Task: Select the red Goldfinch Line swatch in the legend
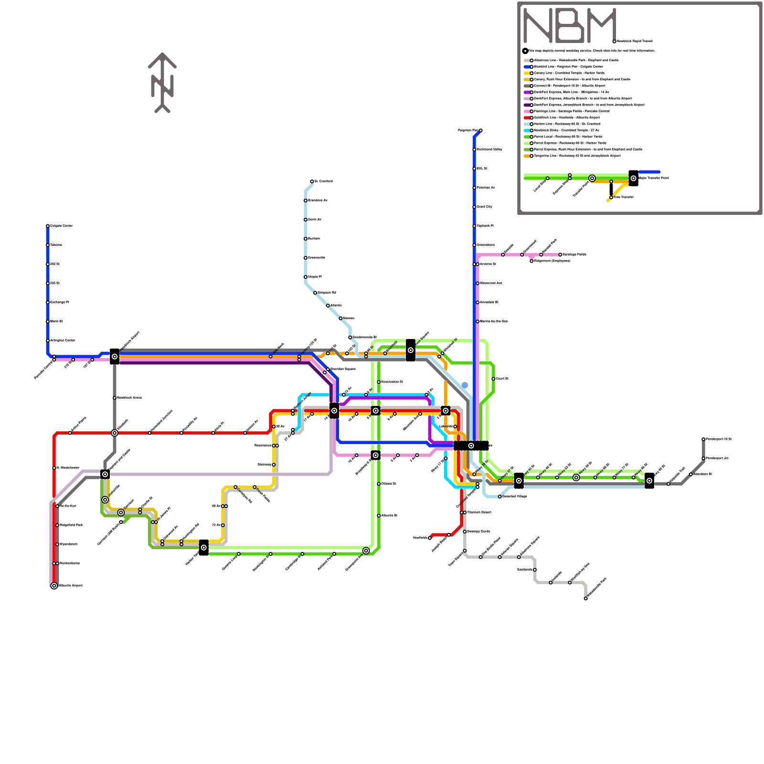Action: [528, 117]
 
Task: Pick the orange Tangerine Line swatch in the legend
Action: [528, 156]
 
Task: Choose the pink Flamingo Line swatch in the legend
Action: [528, 111]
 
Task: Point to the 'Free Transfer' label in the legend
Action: [624, 197]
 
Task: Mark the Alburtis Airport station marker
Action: [54, 586]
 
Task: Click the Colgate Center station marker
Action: [48, 226]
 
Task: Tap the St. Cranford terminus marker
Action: [312, 181]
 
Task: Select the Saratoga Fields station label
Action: [574, 255]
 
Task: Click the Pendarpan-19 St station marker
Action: [703, 439]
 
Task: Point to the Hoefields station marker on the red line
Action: [430, 538]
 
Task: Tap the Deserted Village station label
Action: [515, 497]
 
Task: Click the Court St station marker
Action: [493, 379]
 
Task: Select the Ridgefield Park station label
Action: [71, 525]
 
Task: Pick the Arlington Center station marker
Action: [48, 340]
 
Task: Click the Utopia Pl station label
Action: [315, 277]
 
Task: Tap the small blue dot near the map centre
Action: [465, 385]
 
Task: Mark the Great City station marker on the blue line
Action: [474, 207]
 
